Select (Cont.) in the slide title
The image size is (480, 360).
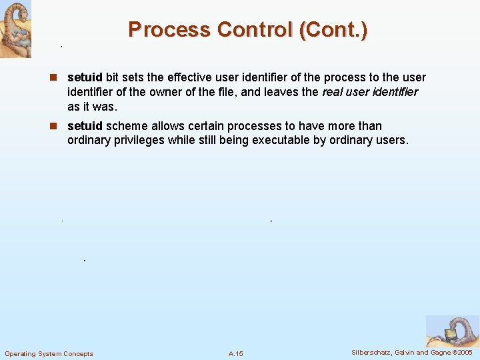(x=333, y=30)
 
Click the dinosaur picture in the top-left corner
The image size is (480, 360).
(x=15, y=29)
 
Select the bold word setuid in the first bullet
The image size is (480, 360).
(x=85, y=77)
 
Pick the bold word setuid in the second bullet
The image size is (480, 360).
(x=85, y=125)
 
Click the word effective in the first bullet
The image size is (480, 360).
(x=185, y=77)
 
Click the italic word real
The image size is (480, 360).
(x=333, y=92)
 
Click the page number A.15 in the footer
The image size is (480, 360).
(x=235, y=353)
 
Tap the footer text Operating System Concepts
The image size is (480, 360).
(x=49, y=353)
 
